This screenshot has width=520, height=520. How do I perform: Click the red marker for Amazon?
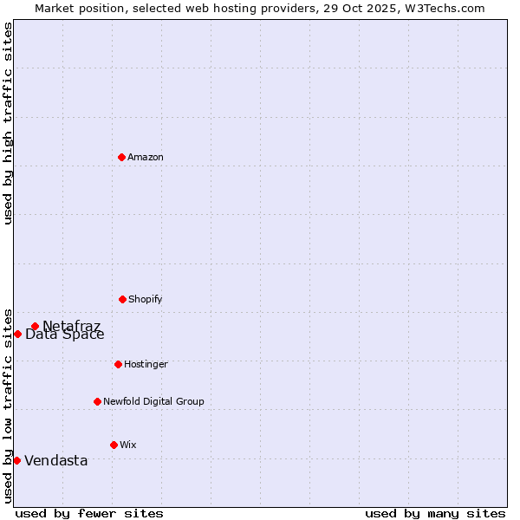click(x=122, y=157)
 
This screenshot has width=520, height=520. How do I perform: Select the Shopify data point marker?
click(x=122, y=299)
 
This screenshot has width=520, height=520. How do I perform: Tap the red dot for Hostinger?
click(x=118, y=364)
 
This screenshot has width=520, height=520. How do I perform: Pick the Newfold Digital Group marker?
click(x=97, y=401)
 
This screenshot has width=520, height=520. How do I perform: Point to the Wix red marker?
click(x=114, y=445)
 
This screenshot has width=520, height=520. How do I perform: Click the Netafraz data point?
click(x=36, y=326)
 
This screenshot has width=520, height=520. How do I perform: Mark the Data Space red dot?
click(x=17, y=334)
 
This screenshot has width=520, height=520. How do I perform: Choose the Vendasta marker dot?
click(x=16, y=460)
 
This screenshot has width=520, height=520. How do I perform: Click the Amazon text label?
click(x=146, y=157)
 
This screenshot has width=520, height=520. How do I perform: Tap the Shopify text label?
click(x=146, y=299)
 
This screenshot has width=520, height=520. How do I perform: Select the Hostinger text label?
click(x=146, y=364)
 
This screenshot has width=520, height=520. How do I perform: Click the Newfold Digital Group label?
click(x=153, y=401)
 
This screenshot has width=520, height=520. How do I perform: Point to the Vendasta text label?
click(x=56, y=460)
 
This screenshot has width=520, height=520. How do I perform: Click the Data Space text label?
click(x=65, y=335)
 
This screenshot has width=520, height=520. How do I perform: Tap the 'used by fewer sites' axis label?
click(x=89, y=513)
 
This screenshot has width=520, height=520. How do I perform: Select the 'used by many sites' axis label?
click(x=435, y=513)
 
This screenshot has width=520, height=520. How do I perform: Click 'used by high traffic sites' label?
click(x=8, y=123)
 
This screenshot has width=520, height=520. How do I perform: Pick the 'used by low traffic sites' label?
click(x=8, y=404)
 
